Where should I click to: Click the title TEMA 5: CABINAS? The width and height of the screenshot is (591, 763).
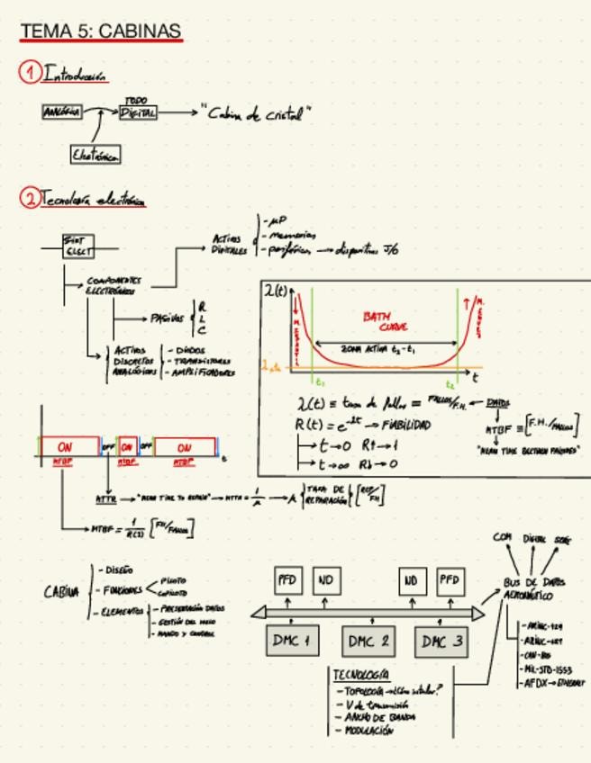tap(101, 31)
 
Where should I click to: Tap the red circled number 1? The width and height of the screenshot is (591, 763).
tap(31, 73)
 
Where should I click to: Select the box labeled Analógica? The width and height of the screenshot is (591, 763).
tap(61, 112)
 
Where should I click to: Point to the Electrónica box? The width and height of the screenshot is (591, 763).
tap(95, 155)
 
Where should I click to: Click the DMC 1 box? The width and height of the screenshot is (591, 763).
tap(292, 641)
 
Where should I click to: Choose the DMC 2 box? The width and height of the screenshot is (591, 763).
tap(368, 641)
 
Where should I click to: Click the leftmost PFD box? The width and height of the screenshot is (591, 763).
tap(287, 580)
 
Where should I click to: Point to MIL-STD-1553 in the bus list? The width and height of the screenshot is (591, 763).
tap(548, 669)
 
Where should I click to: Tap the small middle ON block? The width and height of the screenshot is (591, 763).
tap(128, 446)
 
